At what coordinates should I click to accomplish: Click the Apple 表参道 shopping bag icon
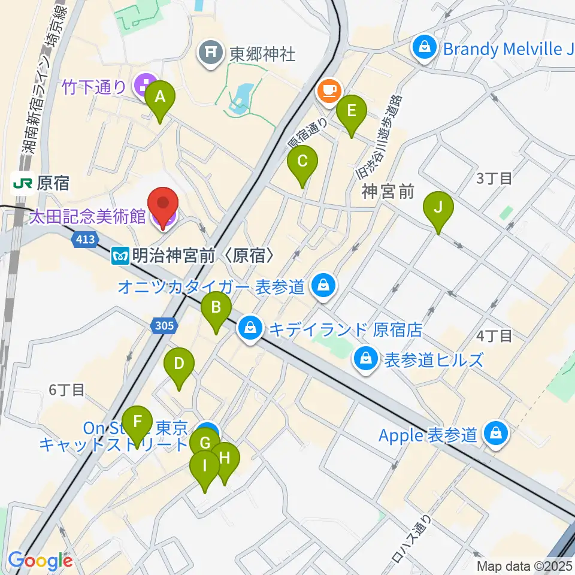click(496, 434)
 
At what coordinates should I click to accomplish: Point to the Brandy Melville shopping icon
click(425, 49)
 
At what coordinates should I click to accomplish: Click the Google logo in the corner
click(40, 560)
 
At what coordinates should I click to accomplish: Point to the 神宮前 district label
click(388, 192)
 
